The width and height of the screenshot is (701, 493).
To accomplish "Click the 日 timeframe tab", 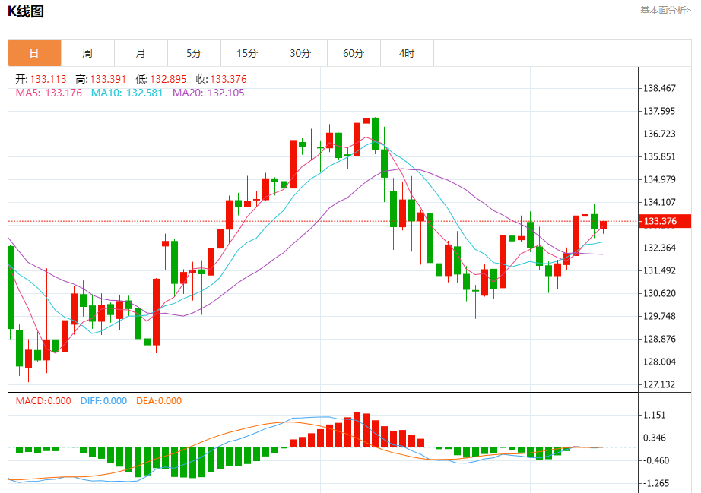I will pos(34,53).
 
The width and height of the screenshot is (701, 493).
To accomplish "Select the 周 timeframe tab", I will pos(87,53).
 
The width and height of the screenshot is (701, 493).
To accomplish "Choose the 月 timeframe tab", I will pos(141,53).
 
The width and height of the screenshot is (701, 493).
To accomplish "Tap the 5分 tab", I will pos(194,53).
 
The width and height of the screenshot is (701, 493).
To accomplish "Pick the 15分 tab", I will pos(247,53).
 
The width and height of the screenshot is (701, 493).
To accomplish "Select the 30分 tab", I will pos(300,53).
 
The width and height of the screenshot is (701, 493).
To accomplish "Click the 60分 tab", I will pos(354,53).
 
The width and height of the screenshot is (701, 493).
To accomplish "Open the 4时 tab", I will pos(407,53).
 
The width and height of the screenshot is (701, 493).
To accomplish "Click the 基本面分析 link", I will pos(665,11).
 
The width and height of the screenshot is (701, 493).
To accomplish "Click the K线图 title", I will pos(26,11).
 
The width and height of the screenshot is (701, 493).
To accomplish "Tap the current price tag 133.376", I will pos(659,222).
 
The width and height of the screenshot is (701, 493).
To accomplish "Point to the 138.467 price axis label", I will pos(659,89).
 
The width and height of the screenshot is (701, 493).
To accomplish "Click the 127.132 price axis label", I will pos(659,385).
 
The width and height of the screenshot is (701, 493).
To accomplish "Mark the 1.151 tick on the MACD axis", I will pos(655,416).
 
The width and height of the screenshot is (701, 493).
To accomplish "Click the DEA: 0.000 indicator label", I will pos(159,401).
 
